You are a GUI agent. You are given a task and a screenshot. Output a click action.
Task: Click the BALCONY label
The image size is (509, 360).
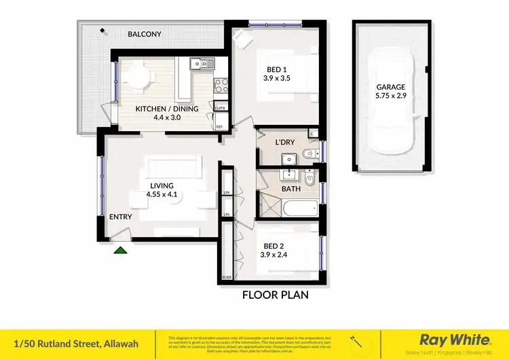tap(145, 33)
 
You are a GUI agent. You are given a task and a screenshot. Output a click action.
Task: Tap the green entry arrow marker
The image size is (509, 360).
tap(120, 250)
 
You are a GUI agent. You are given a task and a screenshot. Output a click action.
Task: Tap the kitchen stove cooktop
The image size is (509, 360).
tap(221, 85)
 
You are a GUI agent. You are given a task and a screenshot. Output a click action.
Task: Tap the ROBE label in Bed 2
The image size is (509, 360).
tap(227, 278)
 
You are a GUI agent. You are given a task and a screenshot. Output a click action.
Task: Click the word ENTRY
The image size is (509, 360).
tap(120, 217)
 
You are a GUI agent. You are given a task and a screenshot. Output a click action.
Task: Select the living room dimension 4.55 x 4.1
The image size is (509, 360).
tap(162, 194)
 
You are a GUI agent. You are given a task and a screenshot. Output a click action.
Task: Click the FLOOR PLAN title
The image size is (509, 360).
tap(276, 295)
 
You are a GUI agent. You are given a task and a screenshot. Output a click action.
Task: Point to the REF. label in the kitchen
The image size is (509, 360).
tap(220, 127)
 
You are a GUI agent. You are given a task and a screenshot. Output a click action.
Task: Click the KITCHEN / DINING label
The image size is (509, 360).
tap(167, 109)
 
